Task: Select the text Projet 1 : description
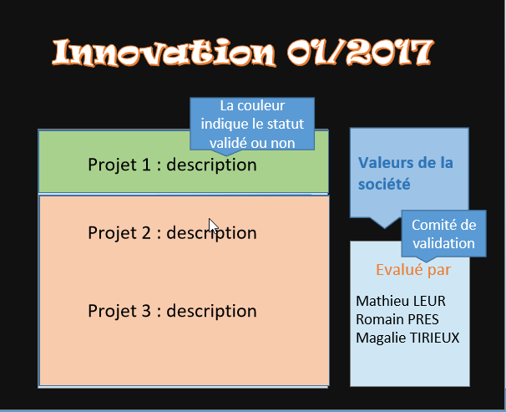click(172, 165)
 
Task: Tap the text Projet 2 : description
click(172, 232)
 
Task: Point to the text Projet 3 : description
click(172, 312)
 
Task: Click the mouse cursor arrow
click(213, 226)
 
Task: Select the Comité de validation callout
click(443, 234)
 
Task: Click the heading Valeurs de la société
click(405, 172)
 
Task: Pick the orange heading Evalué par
click(413, 270)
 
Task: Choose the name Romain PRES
click(397, 318)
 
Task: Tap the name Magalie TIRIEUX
click(407, 337)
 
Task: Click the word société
click(386, 183)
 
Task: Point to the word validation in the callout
click(443, 243)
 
